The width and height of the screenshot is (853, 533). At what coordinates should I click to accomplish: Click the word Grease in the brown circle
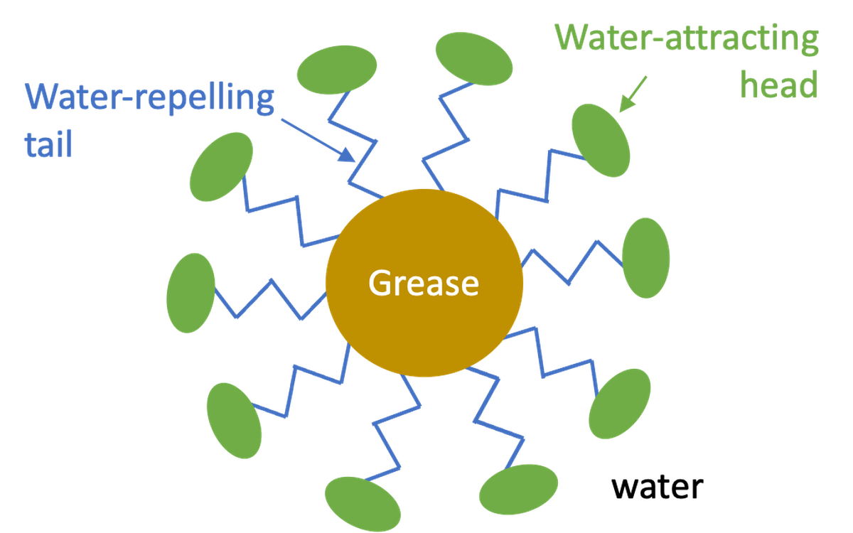coord(424,283)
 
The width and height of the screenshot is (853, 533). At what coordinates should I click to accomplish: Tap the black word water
coord(658,487)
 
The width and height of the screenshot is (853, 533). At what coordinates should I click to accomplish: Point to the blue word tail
coord(48,144)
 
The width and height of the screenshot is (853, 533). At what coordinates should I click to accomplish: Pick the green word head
coord(779,85)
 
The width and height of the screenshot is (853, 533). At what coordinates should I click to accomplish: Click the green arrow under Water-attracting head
coord(633,94)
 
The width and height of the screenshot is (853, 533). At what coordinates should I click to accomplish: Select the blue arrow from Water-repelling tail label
coord(318,141)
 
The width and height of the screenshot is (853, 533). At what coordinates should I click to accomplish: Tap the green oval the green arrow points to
coord(601,141)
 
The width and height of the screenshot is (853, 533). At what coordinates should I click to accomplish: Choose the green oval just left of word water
coord(518,489)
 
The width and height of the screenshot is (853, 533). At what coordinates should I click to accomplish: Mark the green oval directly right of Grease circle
coord(646,258)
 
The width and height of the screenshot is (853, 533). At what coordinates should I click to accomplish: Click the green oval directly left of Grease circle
coord(191,293)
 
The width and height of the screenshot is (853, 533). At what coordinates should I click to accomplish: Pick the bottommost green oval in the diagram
coord(363,504)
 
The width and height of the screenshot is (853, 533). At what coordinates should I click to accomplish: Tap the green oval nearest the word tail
coord(221,167)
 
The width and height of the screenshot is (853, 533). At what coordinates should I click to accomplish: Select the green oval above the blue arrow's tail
coord(337,70)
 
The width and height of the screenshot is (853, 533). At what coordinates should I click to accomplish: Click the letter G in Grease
coord(382,283)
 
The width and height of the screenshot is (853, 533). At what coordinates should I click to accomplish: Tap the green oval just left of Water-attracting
coord(474,58)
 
